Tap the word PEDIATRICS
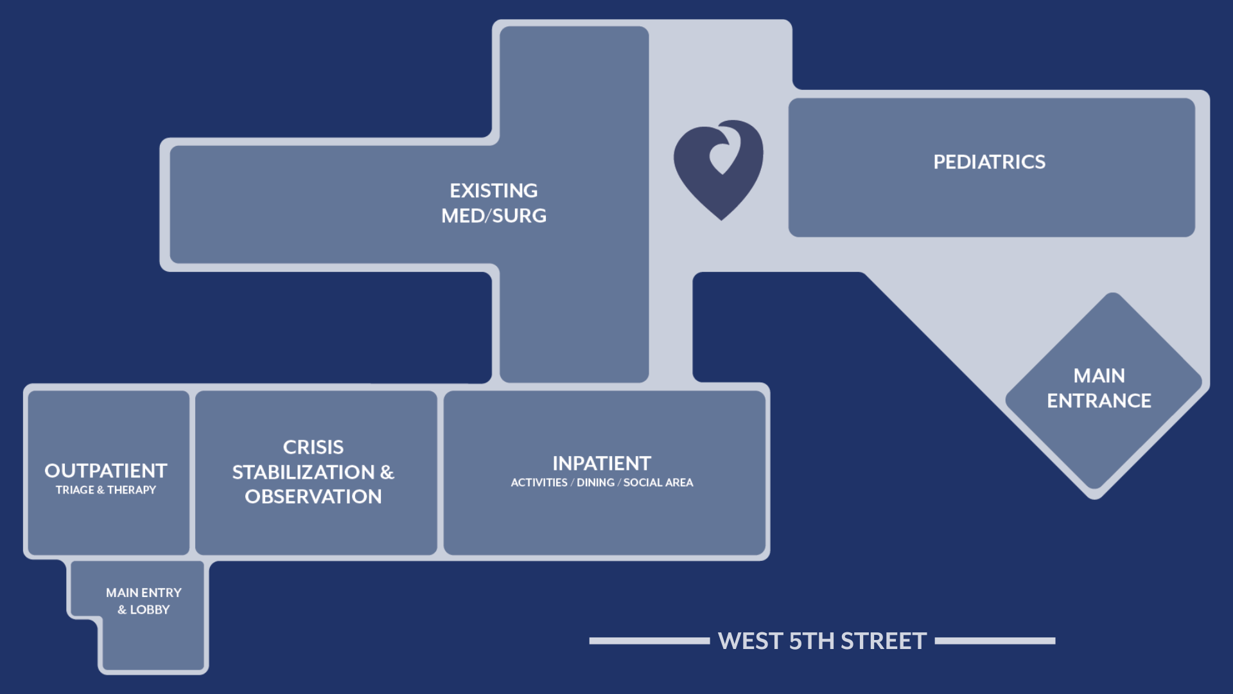989,162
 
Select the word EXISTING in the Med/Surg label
494,191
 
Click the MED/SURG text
494,216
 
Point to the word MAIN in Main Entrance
1099,376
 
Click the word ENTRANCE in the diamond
1099,401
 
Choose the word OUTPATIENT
106,471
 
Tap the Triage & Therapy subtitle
106,490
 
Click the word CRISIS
313,447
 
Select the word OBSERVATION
313,497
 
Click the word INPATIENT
602,463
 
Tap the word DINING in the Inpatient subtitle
595,483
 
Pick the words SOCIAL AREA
658,483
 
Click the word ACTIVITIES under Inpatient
539,483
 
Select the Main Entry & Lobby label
144,601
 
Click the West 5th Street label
822,641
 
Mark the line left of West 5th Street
649,641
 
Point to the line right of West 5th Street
995,641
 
